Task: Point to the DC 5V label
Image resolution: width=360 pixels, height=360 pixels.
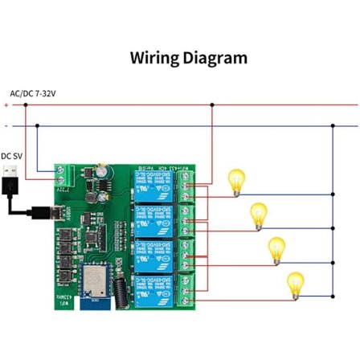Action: click(12, 156)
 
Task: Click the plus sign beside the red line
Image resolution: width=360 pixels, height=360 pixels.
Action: click(6, 104)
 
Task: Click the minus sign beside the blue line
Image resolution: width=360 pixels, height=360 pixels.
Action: click(6, 125)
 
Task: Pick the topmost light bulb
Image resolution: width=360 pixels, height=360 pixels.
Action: click(236, 181)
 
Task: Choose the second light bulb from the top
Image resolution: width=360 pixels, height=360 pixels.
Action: click(258, 215)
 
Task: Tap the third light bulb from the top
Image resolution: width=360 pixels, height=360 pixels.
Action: click(277, 249)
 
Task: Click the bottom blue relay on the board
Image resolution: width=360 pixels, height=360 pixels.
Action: click(152, 287)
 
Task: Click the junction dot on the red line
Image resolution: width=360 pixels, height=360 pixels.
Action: click(211, 104)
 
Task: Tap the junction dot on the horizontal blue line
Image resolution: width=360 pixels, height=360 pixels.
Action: click(333, 125)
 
